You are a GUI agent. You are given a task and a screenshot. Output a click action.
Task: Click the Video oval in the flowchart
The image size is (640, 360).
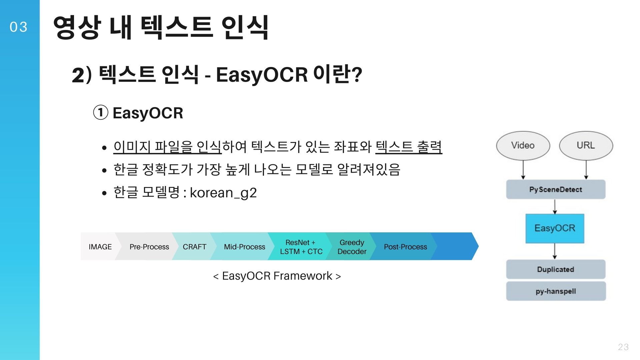coord(523,146)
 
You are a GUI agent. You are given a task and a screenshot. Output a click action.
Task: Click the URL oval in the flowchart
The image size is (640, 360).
coord(586,146)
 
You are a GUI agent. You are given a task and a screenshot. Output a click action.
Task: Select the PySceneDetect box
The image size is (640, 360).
coord(556,189)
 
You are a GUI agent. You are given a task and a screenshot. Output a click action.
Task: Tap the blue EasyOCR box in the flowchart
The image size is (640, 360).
coord(555,228)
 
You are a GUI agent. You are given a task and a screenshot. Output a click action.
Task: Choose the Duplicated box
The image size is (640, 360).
coord(556,269)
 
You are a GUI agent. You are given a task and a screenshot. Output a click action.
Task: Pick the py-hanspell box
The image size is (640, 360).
coord(556,291)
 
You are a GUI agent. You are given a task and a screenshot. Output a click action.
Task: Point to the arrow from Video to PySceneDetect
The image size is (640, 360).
coord(523,170)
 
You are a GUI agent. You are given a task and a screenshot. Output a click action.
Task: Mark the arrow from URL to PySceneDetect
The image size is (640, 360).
coord(586,170)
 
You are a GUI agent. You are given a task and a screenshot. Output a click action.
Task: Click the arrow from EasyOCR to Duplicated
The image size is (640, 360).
coord(555,251)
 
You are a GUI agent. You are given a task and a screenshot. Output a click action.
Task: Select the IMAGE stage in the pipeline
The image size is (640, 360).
coord(100,247)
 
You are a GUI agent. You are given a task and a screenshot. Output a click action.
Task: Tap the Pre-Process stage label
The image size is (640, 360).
coord(149,247)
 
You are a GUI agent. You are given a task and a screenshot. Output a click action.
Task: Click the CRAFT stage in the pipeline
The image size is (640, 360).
coord(194,247)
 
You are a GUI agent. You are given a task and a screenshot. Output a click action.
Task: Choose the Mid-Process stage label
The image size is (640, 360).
coord(244,247)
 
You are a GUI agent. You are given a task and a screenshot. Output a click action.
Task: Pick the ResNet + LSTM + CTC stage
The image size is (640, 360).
coord(301,247)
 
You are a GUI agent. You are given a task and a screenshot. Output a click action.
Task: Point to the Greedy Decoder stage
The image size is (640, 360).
coord(352,247)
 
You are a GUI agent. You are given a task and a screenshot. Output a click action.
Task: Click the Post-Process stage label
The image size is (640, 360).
coord(405,247)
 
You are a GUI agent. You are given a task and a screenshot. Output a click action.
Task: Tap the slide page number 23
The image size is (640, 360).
coord(623,347)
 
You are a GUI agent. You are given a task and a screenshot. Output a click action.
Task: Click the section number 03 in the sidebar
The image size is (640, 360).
coord(18,27)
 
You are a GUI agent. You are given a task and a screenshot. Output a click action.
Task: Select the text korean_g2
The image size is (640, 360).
coord(223,193)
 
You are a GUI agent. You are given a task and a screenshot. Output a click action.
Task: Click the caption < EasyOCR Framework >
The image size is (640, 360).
coord(277,276)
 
